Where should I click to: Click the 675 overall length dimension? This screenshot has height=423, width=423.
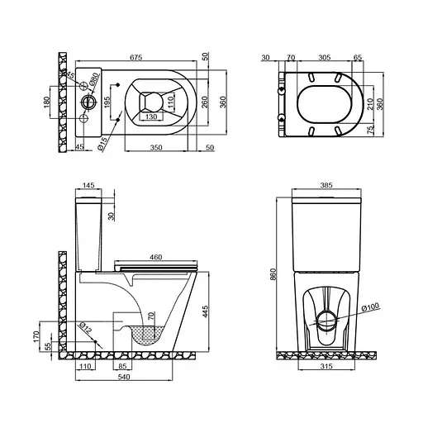click(x=135, y=57)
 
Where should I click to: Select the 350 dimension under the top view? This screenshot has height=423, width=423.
click(x=154, y=146)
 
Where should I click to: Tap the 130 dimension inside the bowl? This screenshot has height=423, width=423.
click(x=148, y=116)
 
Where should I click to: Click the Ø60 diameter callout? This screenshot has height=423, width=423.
click(x=94, y=82)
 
